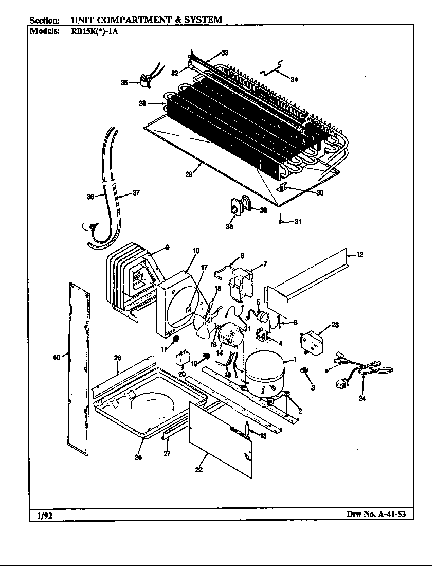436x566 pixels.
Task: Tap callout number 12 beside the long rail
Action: tap(360, 254)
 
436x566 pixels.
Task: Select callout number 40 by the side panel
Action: tap(57, 356)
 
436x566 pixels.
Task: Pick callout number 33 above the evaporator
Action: tap(225, 52)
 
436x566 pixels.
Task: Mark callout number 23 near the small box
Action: tap(335, 325)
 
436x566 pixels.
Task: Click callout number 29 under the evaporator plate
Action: tap(189, 174)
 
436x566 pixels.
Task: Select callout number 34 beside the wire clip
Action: tap(294, 79)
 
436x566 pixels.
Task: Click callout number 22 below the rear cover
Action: tap(199, 469)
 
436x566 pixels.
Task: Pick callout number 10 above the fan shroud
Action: tap(196, 251)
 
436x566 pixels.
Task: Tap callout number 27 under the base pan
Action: tap(166, 453)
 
